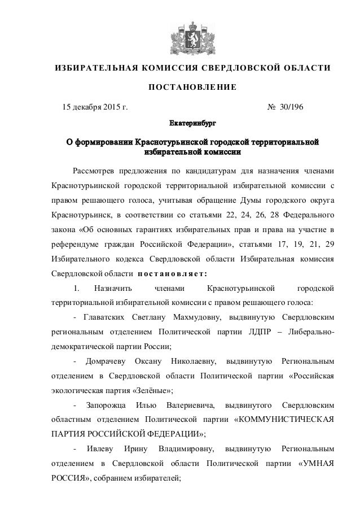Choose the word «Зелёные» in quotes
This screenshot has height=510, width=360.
pos(147,390)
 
